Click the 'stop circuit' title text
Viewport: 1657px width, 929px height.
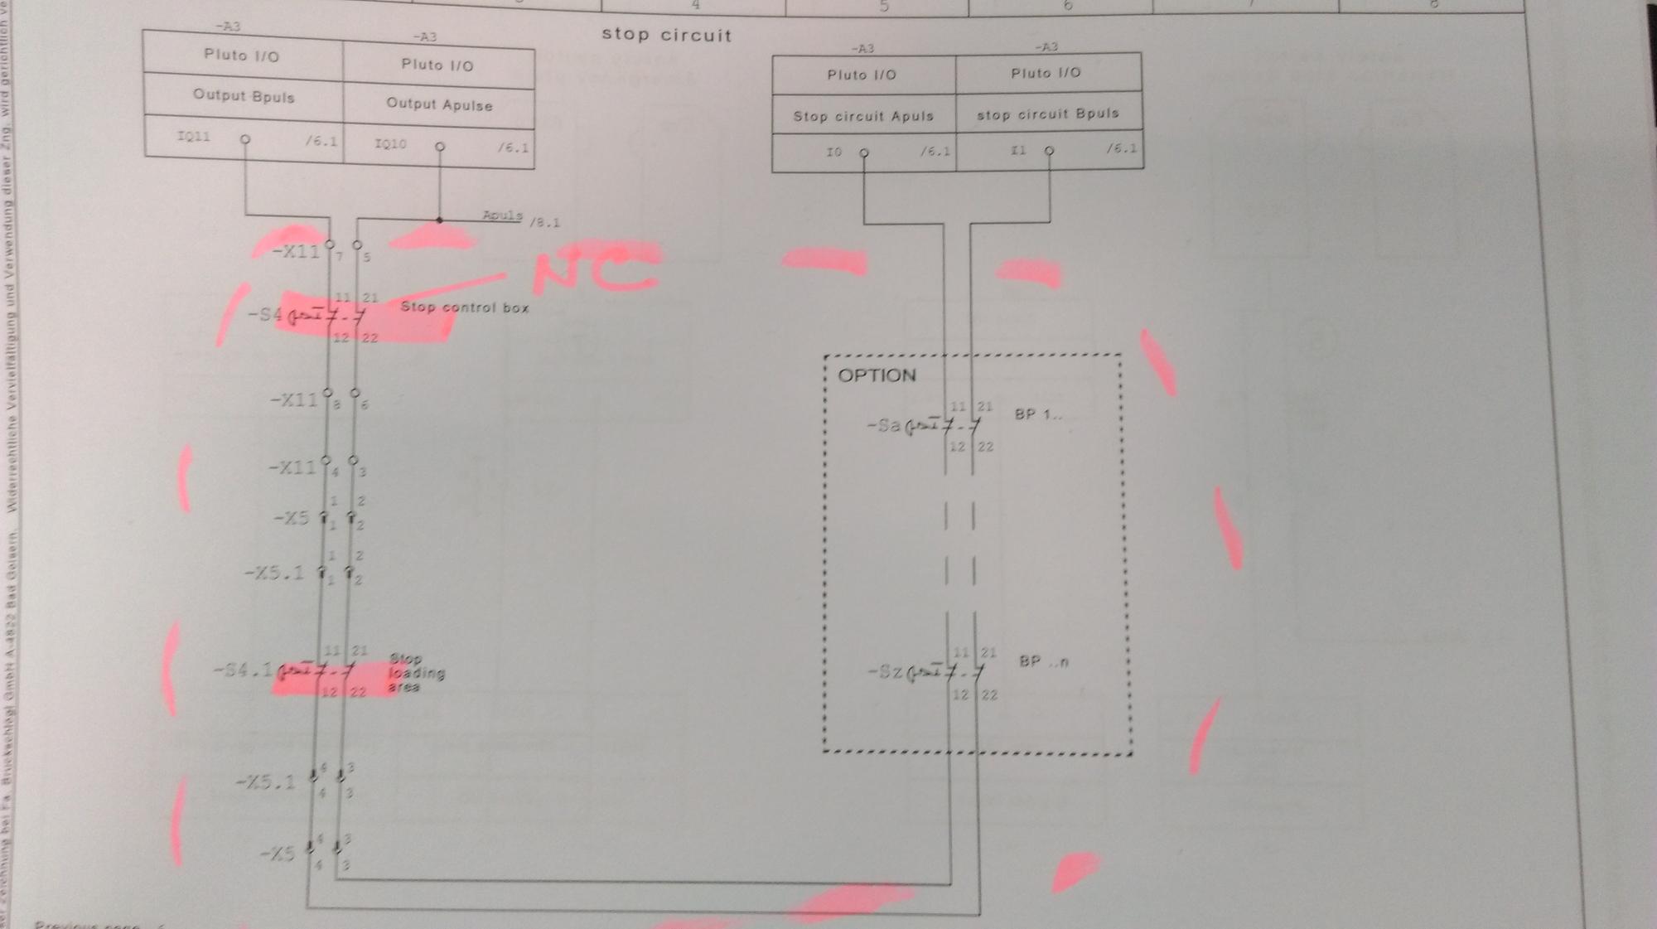pyautogui.click(x=666, y=36)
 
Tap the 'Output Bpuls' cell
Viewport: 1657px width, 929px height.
pyautogui.click(x=244, y=96)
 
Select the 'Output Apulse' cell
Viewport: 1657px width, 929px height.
pyautogui.click(x=439, y=105)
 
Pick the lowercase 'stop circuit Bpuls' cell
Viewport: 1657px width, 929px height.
pyautogui.click(x=1047, y=114)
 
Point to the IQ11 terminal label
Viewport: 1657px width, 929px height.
pyautogui.click(x=194, y=137)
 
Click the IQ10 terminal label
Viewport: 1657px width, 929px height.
pyautogui.click(x=390, y=144)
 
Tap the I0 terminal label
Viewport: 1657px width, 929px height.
pyautogui.click(x=833, y=152)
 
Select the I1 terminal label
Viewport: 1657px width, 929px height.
pyautogui.click(x=1018, y=151)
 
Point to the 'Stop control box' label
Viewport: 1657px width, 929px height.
pyautogui.click(x=464, y=307)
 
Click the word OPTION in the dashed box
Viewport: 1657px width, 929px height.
pyautogui.click(x=877, y=375)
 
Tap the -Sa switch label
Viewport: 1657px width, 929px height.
pyautogui.click(x=883, y=426)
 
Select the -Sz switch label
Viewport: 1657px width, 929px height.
pyautogui.click(x=884, y=671)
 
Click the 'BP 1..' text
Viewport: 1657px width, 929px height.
pyautogui.click(x=1037, y=414)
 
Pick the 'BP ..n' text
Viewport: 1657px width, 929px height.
pyautogui.click(x=1043, y=662)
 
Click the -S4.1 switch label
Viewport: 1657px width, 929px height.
pyautogui.click(x=243, y=670)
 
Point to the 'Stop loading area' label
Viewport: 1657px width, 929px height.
pyautogui.click(x=417, y=673)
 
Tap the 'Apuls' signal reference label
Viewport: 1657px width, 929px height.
pyautogui.click(x=502, y=215)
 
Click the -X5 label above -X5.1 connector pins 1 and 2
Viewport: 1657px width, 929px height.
pyautogui.click(x=291, y=519)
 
